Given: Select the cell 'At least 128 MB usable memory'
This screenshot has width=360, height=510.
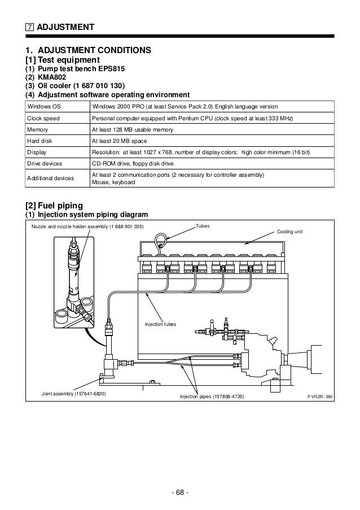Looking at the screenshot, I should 132,130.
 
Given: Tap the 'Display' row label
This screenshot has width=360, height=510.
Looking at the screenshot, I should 36,152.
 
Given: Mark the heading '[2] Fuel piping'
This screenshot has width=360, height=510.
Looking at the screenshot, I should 55,204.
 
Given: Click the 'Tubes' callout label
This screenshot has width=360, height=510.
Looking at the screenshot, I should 202,225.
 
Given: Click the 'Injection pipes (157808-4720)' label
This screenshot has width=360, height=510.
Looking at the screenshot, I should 212,397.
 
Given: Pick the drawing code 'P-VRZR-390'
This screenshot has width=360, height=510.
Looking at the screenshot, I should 320,397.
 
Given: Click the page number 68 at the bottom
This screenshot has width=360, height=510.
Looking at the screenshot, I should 180,492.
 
